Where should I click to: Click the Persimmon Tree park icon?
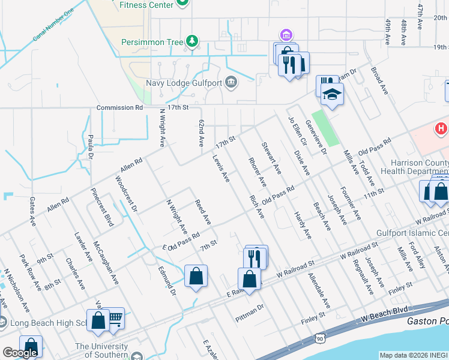(191, 41)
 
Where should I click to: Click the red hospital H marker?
(442, 128)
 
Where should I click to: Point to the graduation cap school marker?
(331, 94)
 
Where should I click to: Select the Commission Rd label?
(121, 107)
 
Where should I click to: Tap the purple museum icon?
(285, 34)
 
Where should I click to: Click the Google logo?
(20, 352)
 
